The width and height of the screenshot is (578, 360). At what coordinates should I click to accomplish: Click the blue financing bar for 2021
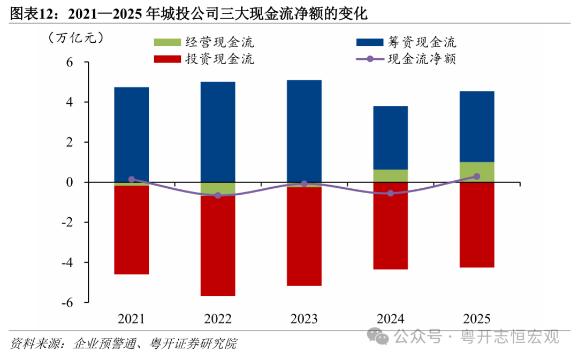tap(132, 134)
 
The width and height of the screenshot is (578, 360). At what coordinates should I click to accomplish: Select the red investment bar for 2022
tap(218, 246)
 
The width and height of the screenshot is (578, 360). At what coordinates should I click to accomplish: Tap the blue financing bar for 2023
tap(304, 131)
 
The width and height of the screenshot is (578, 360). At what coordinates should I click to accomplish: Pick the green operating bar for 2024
tap(390, 176)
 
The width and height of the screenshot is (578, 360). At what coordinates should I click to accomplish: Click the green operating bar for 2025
tap(477, 172)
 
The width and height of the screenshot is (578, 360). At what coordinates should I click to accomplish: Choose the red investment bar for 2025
tap(477, 225)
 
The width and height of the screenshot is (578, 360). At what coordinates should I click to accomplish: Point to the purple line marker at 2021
tap(132, 179)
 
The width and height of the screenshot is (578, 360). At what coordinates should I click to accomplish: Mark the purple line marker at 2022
tap(218, 195)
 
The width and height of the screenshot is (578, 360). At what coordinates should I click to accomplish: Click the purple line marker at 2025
tap(477, 177)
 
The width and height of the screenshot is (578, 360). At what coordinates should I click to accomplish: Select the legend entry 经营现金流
tap(204, 42)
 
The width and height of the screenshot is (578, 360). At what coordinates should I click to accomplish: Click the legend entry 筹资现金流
tap(406, 42)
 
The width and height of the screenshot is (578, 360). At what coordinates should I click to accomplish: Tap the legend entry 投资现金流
tap(204, 59)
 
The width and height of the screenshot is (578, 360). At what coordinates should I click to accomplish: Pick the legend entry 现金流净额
tap(406, 59)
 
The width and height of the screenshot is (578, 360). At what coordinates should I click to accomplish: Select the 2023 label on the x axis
tap(304, 319)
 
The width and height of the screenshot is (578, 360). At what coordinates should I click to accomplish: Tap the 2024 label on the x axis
tap(390, 319)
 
